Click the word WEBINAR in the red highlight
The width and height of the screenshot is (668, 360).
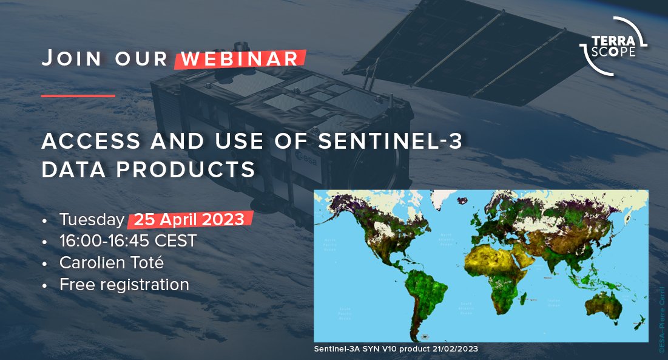tap(240, 59)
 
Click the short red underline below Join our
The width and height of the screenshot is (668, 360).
tap(78, 95)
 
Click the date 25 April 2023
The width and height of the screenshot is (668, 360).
tap(189, 219)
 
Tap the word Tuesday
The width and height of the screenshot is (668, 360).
tap(92, 219)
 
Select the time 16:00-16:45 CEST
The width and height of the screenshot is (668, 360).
tap(128, 241)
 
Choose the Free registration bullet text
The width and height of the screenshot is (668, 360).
tap(124, 284)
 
